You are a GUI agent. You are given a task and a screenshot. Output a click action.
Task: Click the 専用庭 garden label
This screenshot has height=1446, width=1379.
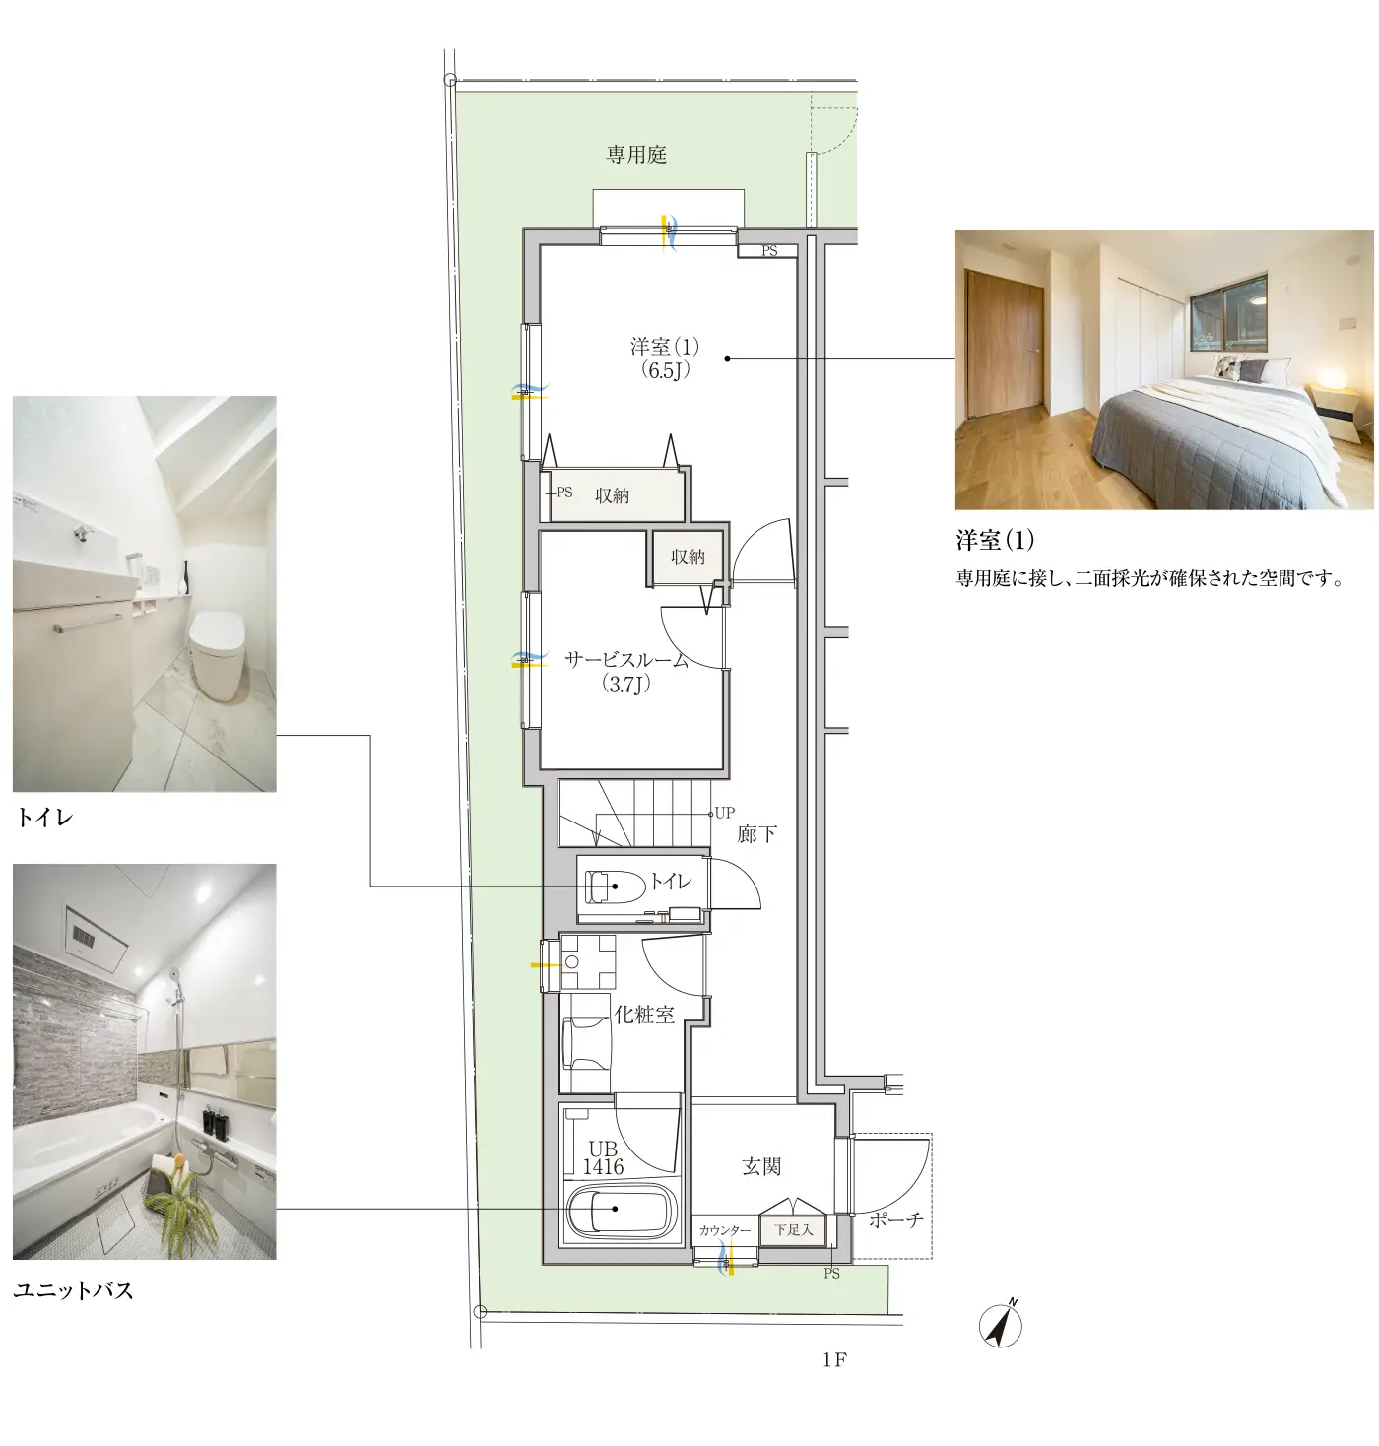(636, 155)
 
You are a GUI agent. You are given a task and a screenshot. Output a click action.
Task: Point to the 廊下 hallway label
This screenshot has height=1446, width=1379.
(756, 834)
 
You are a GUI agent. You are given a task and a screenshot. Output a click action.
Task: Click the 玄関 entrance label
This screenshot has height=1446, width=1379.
(761, 1166)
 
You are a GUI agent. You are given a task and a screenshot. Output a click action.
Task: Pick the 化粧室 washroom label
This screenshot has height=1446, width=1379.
(644, 1015)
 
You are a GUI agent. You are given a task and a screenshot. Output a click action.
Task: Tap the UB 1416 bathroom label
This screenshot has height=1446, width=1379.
(603, 1157)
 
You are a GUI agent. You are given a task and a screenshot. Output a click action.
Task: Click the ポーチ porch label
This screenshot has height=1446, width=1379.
(895, 1220)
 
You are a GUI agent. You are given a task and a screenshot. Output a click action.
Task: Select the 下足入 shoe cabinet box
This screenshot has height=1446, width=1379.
(793, 1229)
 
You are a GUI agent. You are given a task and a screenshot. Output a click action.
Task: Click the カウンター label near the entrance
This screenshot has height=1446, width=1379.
(724, 1230)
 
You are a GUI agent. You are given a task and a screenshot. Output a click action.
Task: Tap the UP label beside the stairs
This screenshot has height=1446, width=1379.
(724, 813)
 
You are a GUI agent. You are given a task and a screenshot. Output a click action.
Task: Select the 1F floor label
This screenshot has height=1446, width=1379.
(834, 1360)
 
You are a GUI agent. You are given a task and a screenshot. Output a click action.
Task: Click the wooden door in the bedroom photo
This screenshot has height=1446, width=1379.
(1005, 341)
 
